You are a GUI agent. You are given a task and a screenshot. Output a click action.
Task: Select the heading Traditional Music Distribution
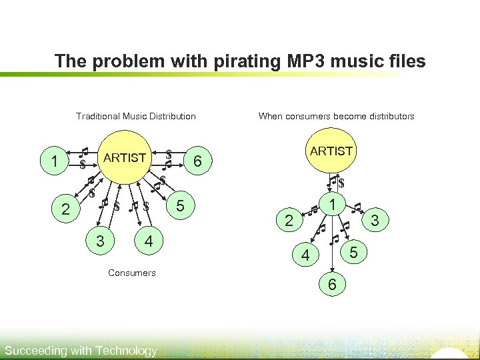point(136,116)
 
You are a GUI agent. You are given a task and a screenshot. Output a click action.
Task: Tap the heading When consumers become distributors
point(336,116)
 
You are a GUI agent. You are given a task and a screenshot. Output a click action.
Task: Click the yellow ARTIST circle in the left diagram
point(125,158)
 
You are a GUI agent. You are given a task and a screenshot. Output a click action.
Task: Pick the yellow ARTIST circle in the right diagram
point(331,151)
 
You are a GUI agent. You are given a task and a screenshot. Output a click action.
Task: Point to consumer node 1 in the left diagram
point(54,161)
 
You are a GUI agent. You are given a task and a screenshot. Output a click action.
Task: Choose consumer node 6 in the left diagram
point(197,161)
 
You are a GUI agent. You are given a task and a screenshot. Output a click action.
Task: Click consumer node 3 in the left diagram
point(100,241)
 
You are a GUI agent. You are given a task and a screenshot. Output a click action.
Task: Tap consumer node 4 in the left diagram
point(149,241)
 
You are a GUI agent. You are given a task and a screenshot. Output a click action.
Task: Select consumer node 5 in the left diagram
point(180,203)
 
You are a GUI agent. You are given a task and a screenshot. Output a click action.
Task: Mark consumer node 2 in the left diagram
point(65,210)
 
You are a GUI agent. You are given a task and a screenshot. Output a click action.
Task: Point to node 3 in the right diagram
point(375,219)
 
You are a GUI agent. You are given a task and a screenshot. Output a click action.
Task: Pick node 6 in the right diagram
point(331,285)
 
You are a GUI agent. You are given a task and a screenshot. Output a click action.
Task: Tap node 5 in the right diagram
point(354,252)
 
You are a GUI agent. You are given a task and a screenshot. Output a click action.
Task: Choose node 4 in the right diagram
point(305,255)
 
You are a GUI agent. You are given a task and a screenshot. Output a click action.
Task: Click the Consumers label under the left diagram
point(131,273)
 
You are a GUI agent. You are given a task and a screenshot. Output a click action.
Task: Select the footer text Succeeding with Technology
point(81,351)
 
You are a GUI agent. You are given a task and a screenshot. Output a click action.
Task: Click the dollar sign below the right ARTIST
point(341,183)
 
